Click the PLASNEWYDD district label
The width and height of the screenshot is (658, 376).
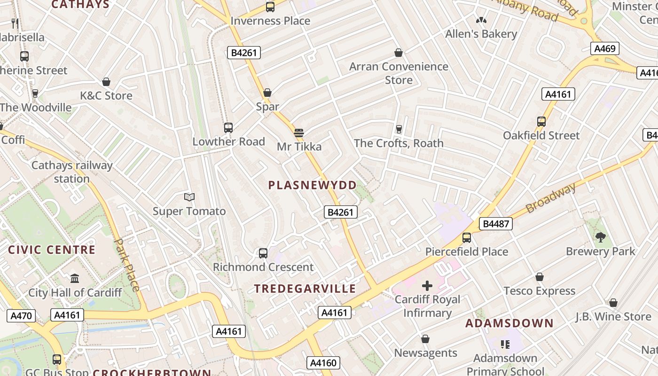(x=313, y=185)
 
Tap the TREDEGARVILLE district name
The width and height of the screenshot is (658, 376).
(x=305, y=289)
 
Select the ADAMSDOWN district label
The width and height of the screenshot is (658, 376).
(x=509, y=323)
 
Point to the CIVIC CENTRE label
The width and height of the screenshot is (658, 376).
(x=52, y=250)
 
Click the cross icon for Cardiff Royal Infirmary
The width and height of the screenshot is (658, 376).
(x=427, y=286)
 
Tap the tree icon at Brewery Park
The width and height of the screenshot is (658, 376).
(x=600, y=237)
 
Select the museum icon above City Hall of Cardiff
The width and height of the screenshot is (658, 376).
(x=75, y=279)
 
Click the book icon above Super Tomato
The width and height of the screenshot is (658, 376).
(x=189, y=197)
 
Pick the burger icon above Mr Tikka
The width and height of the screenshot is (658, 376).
(x=299, y=133)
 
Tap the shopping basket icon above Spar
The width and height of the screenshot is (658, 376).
(x=267, y=93)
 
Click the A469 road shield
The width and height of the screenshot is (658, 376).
(x=605, y=48)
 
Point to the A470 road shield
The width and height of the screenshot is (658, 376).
(x=22, y=316)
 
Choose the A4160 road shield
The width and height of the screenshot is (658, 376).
(x=323, y=363)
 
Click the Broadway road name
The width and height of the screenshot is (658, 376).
(x=551, y=198)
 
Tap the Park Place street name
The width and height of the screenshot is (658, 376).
(x=127, y=265)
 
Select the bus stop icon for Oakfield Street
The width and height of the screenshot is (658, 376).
(x=541, y=122)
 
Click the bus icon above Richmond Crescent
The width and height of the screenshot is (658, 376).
(x=263, y=253)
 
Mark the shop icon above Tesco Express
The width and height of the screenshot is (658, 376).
(x=540, y=277)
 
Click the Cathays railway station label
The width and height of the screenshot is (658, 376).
(x=72, y=172)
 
